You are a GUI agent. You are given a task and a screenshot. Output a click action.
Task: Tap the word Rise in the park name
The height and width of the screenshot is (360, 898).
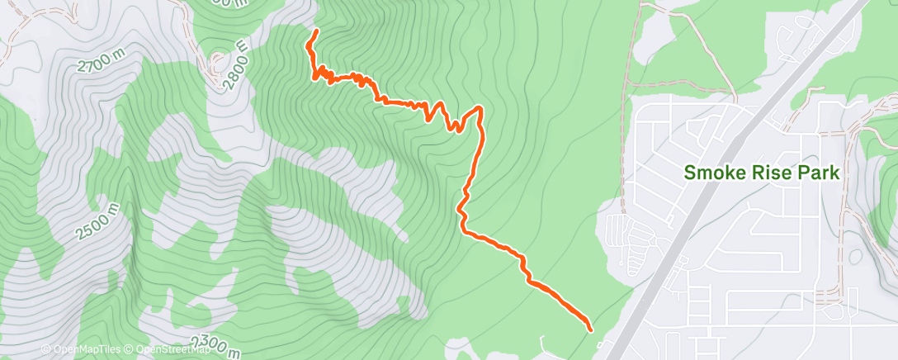769,173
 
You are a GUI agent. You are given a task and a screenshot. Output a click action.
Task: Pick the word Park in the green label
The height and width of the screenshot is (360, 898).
818,173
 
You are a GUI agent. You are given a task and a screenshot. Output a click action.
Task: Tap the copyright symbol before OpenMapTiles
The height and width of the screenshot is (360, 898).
46,350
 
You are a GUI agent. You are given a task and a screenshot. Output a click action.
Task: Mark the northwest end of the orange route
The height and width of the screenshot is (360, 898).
316,31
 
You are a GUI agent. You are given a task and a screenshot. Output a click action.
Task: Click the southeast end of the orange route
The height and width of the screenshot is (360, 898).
591,329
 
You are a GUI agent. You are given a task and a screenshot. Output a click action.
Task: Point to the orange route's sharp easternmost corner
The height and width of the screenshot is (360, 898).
480,107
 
